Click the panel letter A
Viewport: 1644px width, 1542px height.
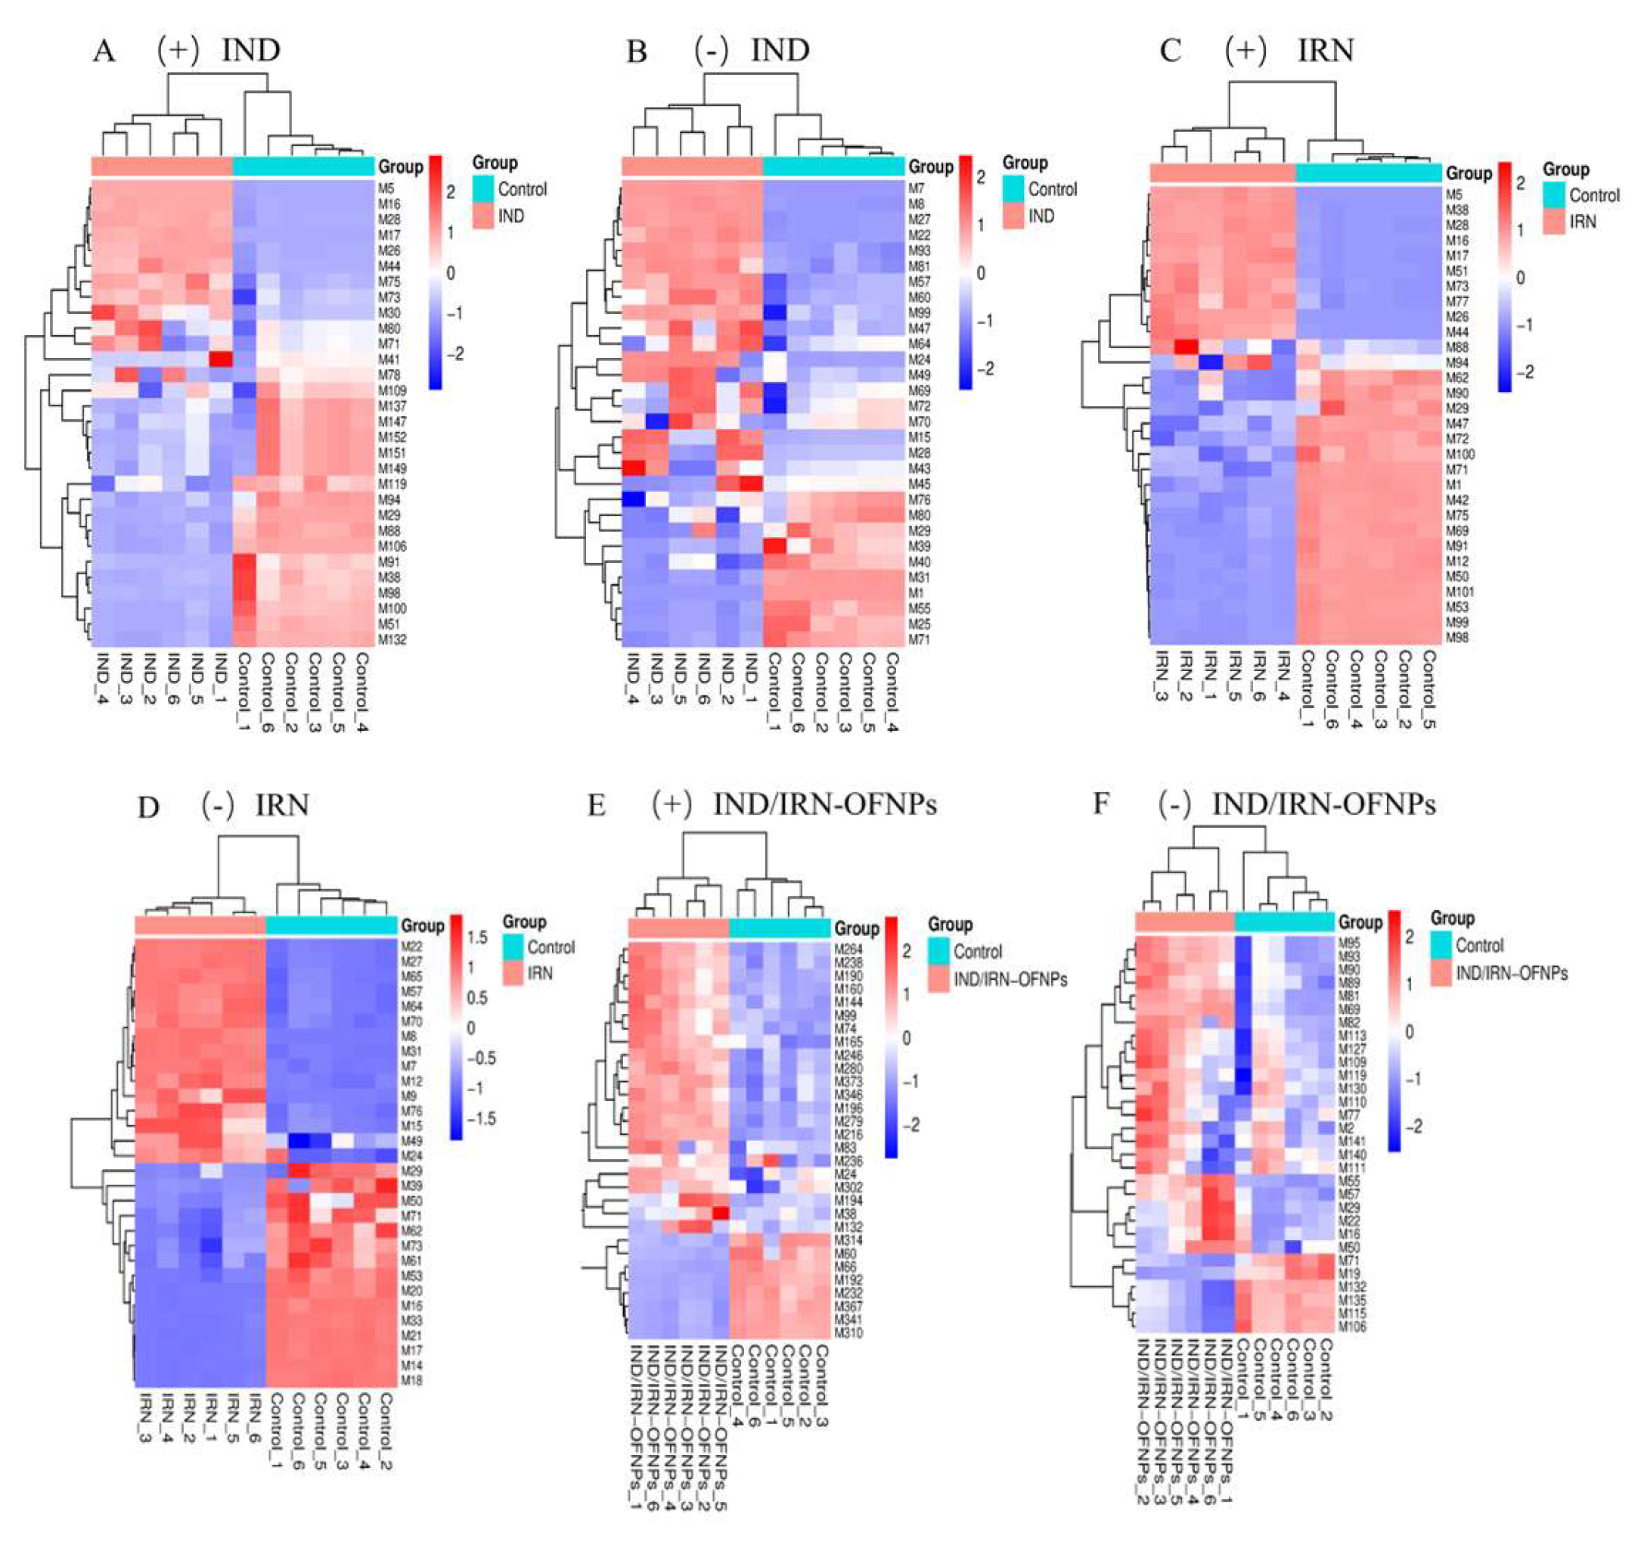[x=104, y=51]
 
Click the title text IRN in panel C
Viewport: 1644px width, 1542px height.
[x=1325, y=51]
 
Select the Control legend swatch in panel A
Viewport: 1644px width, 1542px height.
[x=483, y=188]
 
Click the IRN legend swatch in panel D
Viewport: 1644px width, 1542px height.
[x=513, y=973]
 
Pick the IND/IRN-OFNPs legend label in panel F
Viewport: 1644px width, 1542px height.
[x=1511, y=973]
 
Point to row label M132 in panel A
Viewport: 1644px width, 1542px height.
[x=391, y=639]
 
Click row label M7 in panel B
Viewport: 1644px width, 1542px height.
[x=916, y=188]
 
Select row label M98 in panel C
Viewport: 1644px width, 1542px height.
[x=1456, y=637]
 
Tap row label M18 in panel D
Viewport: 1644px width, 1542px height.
[x=411, y=1380]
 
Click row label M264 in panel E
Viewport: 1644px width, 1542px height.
[x=848, y=950]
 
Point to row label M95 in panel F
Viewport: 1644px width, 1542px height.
[x=1348, y=943]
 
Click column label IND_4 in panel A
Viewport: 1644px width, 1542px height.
[x=104, y=680]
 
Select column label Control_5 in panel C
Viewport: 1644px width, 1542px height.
[x=1428, y=689]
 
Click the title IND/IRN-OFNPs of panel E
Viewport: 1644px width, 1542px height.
[x=824, y=805]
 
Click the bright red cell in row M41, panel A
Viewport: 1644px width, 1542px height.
[x=221, y=360]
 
